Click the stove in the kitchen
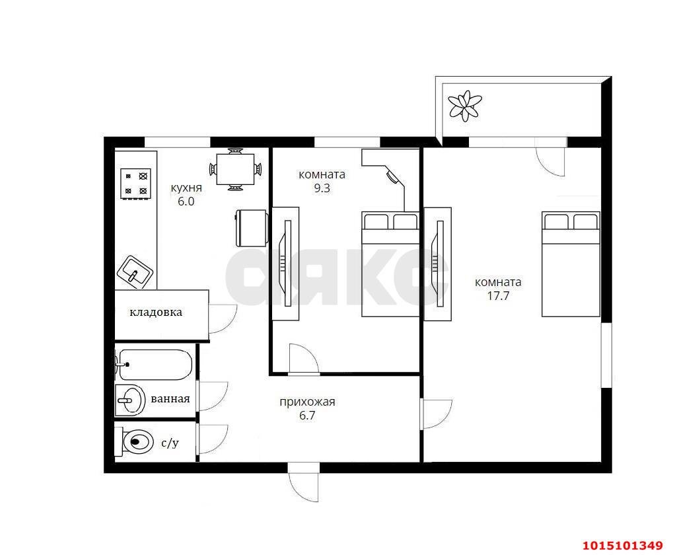(x=135, y=184)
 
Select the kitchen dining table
(x=235, y=169)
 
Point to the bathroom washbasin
(x=129, y=400)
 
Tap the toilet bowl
(x=134, y=441)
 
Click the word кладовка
(x=156, y=312)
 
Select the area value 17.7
(x=498, y=296)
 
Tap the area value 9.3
(x=322, y=188)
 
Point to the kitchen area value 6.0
(x=186, y=202)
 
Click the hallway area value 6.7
(x=307, y=416)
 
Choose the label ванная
(x=170, y=398)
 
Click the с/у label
(x=170, y=443)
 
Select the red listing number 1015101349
(x=622, y=546)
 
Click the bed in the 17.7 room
(x=571, y=264)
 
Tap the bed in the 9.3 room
(x=390, y=264)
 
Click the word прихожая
(x=307, y=402)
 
